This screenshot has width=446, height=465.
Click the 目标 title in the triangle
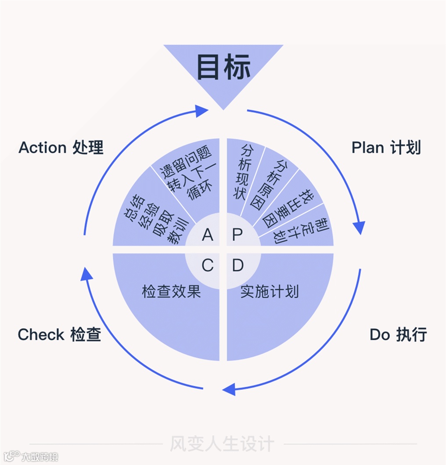pos(223,67)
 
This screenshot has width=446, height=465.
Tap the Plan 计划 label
pos(386,148)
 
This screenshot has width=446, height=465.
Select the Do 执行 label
pos(398,334)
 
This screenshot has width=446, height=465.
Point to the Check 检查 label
pos(59,334)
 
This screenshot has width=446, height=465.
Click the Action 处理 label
pos(61,148)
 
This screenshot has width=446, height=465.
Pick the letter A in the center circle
pos(207,235)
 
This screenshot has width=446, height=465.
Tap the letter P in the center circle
pos(237,235)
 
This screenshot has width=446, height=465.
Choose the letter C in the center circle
pos(207,265)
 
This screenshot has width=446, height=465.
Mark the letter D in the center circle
pos(237,265)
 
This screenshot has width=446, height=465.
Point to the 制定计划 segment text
pos(303,230)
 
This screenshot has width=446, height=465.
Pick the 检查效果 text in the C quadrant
pos(171,291)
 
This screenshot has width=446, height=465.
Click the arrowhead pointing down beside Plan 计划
pos(359,228)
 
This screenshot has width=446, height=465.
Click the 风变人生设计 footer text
pos(222,443)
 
